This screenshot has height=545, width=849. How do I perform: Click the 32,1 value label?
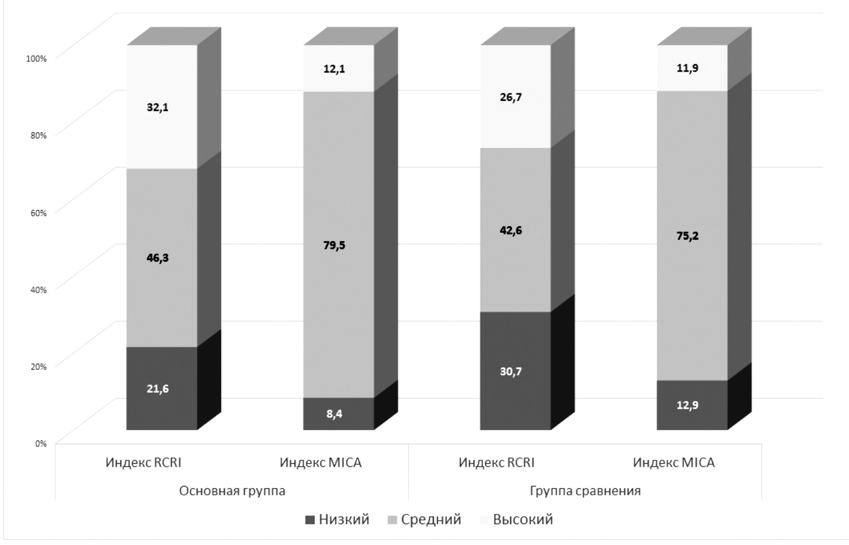point(158,108)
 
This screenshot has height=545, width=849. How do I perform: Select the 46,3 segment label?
point(158,258)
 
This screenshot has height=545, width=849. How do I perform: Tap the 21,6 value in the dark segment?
point(158,389)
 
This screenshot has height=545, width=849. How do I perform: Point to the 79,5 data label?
point(334,245)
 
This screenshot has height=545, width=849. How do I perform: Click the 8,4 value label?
point(334,414)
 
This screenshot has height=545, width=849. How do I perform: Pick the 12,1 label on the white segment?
point(334,69)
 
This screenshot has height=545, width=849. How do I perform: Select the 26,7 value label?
point(511,98)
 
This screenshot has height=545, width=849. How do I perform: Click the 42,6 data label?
point(511,230)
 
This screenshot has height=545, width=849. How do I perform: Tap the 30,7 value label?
point(511,372)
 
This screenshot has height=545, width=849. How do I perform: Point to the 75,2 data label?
point(688,236)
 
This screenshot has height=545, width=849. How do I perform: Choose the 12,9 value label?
point(688,405)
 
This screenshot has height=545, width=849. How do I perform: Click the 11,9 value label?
point(688,68)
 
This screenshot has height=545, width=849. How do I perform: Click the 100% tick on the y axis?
point(36,59)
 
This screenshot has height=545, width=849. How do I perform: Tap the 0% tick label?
point(40,444)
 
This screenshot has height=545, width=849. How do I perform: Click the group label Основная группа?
point(232,491)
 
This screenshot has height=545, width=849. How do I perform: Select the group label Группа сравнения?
point(585,491)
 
